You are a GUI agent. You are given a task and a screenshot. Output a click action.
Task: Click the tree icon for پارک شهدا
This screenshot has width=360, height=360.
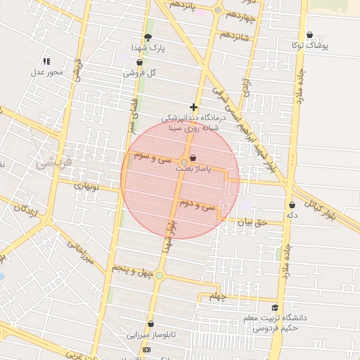[148, 37]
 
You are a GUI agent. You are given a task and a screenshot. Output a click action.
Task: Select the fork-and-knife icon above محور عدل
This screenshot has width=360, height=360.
[46, 61]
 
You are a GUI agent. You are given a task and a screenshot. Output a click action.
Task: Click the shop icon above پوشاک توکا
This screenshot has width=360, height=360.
[309, 35]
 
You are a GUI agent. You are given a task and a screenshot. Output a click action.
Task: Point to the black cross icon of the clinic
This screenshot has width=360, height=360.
[193, 108]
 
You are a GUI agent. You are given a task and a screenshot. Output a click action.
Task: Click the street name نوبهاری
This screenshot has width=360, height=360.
[89, 186]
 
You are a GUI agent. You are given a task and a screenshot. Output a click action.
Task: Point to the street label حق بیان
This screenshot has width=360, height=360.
[253, 223]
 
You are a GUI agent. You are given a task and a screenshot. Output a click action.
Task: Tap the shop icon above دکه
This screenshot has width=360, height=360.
[292, 205]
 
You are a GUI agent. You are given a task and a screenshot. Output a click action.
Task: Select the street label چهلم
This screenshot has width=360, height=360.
[219, 297]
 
